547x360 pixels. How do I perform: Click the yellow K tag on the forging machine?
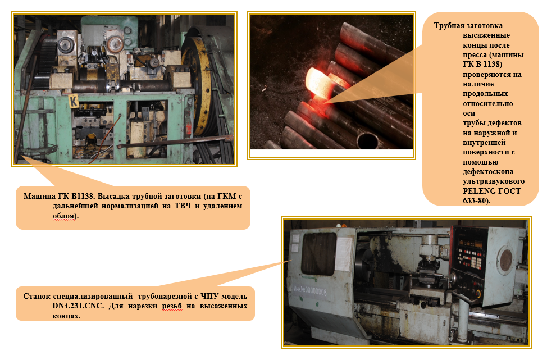coord(74,102)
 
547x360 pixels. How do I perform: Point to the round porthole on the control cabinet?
coord(504,260)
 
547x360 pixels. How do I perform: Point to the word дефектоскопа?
coord(488,172)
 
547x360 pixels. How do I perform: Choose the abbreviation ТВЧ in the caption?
coord(183,206)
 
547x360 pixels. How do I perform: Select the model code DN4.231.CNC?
coord(78,306)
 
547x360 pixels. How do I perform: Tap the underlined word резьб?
coord(172,306)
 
